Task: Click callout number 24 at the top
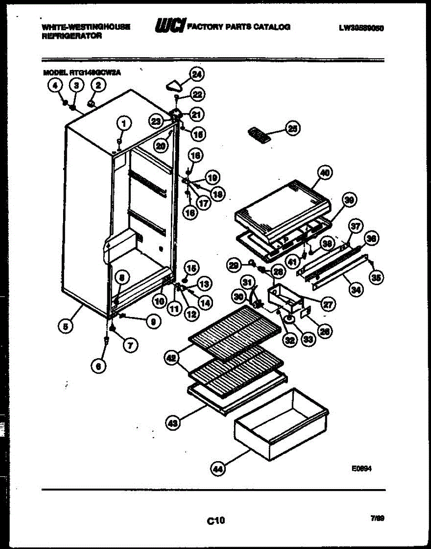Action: [197, 75]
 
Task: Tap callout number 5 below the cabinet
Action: [67, 326]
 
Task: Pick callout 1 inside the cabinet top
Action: [123, 123]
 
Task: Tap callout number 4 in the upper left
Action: [55, 85]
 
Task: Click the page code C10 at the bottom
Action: [215, 520]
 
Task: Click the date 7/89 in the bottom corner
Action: [377, 518]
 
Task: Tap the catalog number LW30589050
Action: [361, 27]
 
